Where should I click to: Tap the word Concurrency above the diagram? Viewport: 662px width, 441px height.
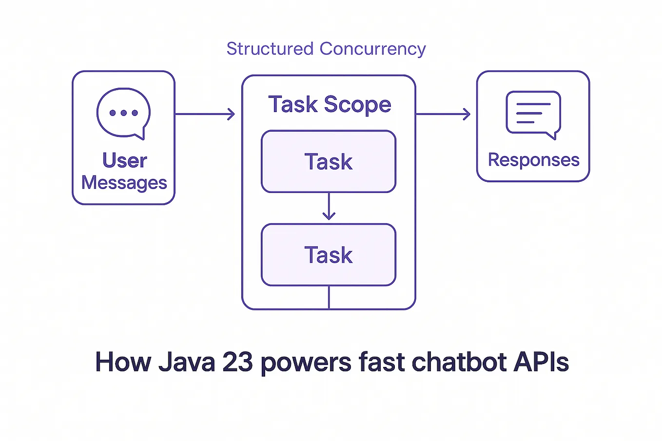click(372, 49)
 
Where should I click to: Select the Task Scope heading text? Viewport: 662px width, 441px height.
click(330, 104)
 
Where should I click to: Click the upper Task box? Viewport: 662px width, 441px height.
click(329, 161)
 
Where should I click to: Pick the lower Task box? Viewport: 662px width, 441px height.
click(329, 254)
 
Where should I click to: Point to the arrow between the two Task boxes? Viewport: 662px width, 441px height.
click(329, 207)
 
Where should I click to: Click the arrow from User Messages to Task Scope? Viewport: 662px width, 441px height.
click(205, 114)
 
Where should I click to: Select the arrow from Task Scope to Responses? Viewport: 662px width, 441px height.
click(443, 114)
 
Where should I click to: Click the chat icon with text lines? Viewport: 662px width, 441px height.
click(533, 114)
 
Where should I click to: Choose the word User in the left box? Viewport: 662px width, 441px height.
click(124, 160)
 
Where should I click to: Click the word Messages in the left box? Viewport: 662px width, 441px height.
click(124, 183)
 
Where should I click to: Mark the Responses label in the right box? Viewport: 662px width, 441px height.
click(533, 160)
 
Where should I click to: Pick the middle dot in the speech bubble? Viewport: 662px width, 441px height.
click(123, 113)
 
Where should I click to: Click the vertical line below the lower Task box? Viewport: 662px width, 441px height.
click(329, 297)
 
